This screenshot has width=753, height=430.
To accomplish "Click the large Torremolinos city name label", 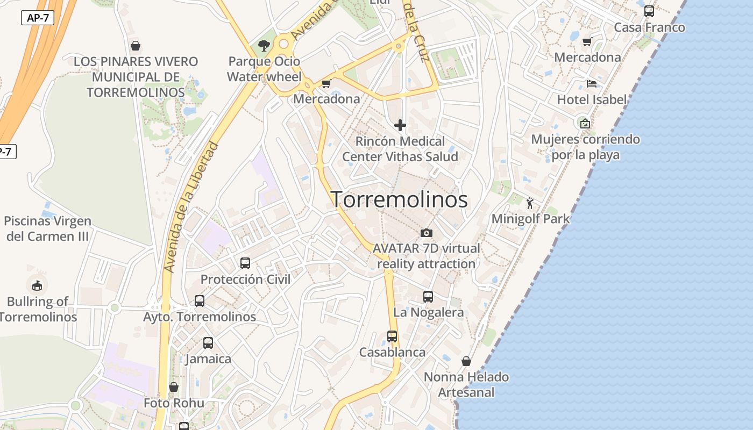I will (x=399, y=199).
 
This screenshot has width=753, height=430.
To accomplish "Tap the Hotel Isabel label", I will (x=592, y=99).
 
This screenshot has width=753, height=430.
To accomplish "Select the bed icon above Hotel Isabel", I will (x=592, y=83).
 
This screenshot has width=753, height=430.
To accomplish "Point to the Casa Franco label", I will (x=649, y=27).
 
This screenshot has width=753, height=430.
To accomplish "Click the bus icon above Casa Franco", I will (x=649, y=11).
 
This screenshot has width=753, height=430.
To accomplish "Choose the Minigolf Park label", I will (x=530, y=219).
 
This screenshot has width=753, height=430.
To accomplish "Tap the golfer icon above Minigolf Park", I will (x=530, y=203).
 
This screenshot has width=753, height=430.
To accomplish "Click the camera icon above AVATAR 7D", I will (x=427, y=233).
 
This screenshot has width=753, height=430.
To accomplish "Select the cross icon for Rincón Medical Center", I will (x=400, y=125).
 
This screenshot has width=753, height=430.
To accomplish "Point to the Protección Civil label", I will (x=245, y=279).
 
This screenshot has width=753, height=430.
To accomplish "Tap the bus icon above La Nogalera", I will (x=428, y=296).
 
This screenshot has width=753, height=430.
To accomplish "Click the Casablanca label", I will (x=392, y=353).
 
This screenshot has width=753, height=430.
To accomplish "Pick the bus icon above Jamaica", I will (x=208, y=342).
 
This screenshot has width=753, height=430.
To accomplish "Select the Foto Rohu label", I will (x=174, y=403).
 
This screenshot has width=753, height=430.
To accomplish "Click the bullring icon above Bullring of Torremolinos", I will (x=37, y=285).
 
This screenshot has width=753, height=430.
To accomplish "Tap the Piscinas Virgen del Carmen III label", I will (x=47, y=228).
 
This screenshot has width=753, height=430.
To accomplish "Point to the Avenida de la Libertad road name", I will (x=192, y=207).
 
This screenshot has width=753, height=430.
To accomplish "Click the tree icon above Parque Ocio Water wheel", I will (x=264, y=45).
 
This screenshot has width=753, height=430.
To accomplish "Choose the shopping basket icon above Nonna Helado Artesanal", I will (x=466, y=361).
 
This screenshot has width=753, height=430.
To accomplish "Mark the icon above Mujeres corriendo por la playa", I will (x=585, y=123).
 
